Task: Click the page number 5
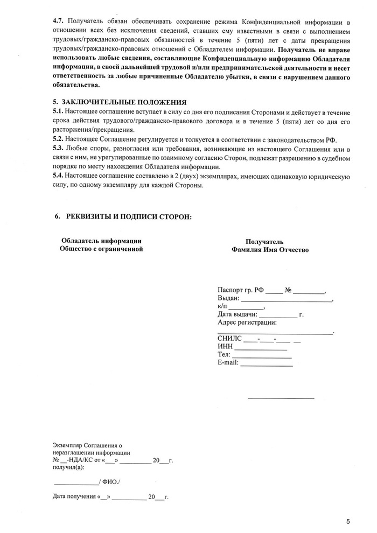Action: [x=348, y=521]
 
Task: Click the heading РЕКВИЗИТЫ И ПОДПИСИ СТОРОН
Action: [x=128, y=216]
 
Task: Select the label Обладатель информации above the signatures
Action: [x=101, y=241]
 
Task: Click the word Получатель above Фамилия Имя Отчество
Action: [x=264, y=242]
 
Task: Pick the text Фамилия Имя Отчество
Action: [x=270, y=250]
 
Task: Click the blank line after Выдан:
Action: [x=286, y=300]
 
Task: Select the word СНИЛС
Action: [x=229, y=339]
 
